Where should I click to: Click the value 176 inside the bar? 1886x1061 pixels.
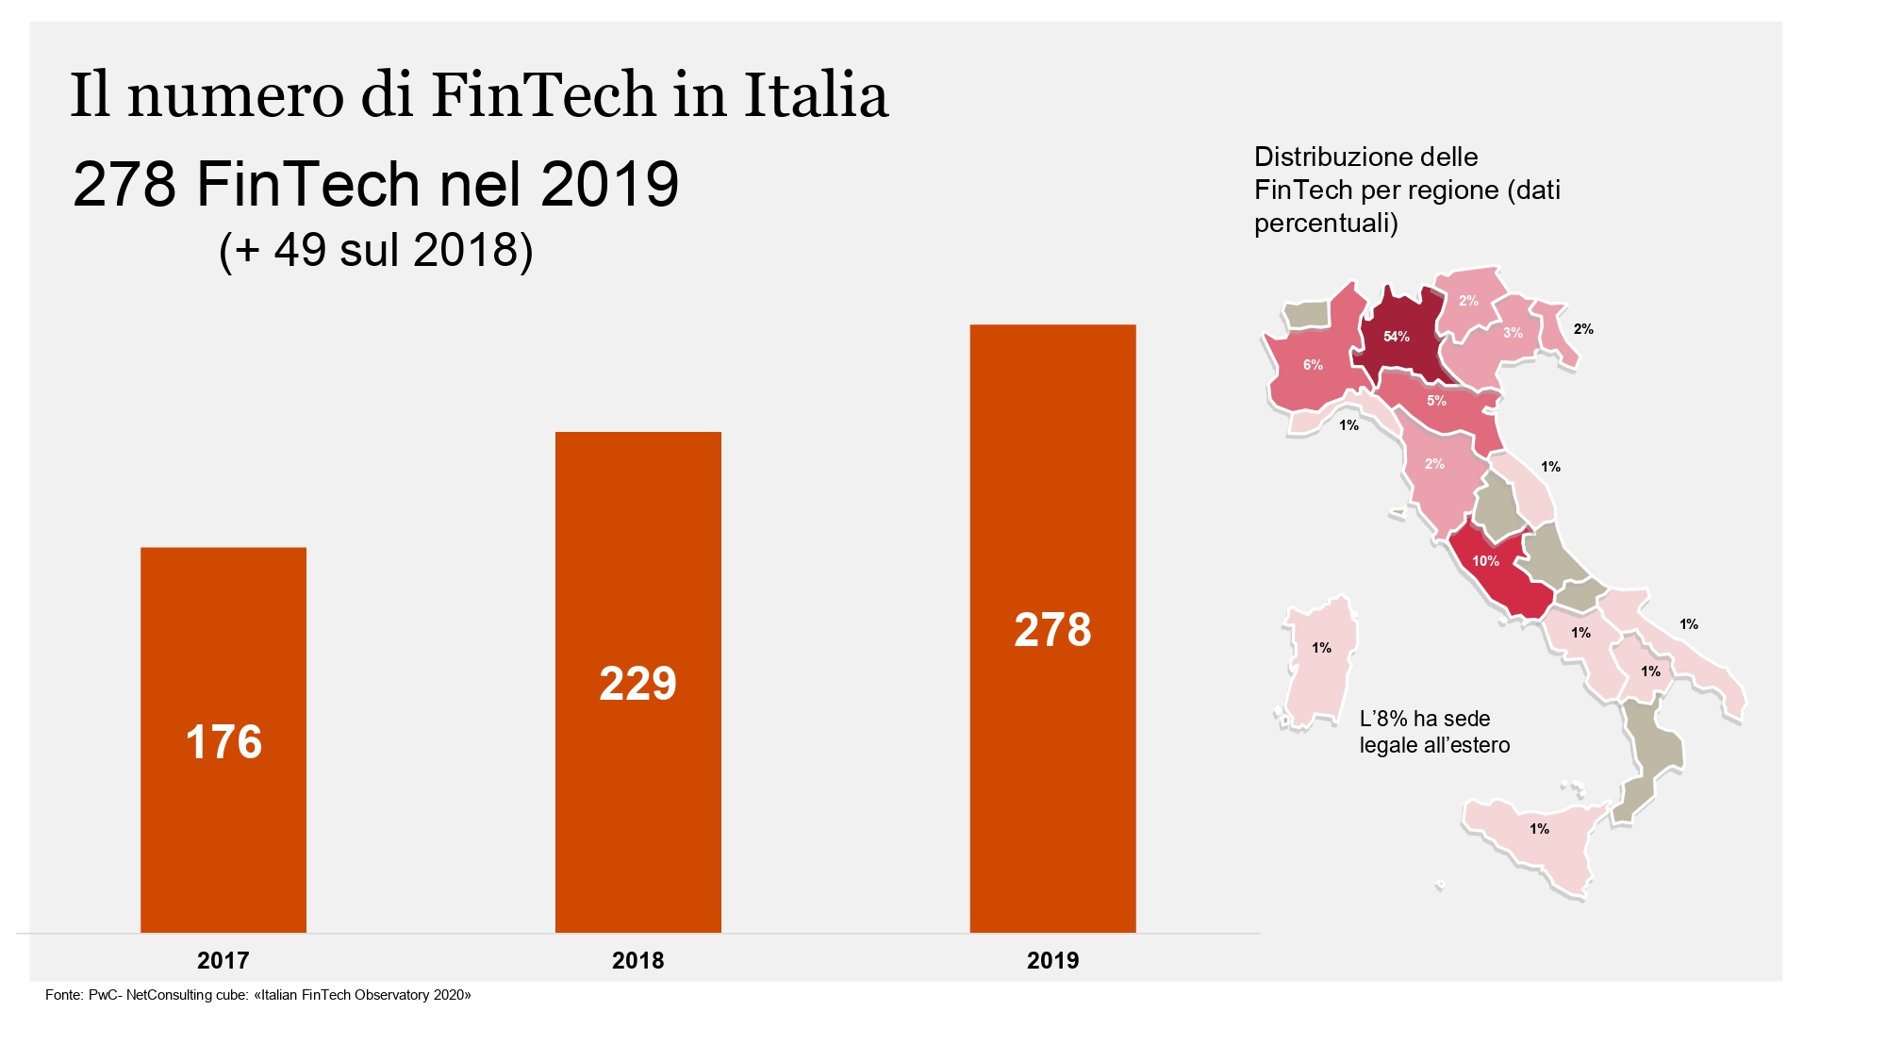click(x=223, y=742)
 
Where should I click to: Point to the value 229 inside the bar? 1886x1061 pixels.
click(x=637, y=684)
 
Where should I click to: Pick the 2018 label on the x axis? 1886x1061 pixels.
click(x=637, y=960)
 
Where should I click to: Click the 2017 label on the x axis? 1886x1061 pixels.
click(x=223, y=960)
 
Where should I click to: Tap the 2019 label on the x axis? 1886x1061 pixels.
click(x=1052, y=960)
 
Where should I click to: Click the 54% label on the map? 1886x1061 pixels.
click(x=1396, y=337)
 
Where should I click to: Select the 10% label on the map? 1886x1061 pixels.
click(x=1485, y=561)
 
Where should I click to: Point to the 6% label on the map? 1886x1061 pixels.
click(x=1313, y=365)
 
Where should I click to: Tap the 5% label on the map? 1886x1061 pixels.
click(x=1436, y=401)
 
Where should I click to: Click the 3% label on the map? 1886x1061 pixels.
click(x=1513, y=333)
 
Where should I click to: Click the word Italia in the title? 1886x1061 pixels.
click(x=816, y=95)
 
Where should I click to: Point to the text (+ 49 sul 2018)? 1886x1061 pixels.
click(x=375, y=250)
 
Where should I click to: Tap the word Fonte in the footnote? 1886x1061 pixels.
click(x=63, y=995)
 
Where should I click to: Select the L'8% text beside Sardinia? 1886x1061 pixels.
click(x=1383, y=719)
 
